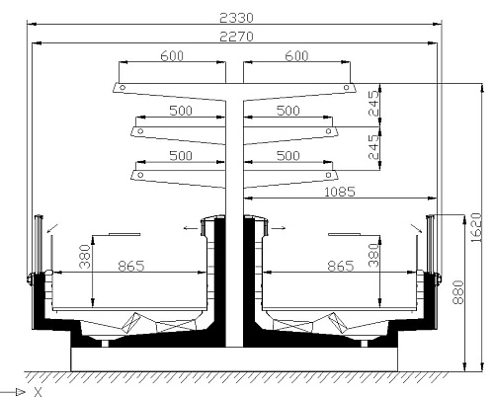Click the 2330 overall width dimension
pyautogui.click(x=236, y=18)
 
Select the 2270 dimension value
pyautogui.click(x=236, y=37)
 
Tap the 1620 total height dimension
pyautogui.click(x=476, y=227)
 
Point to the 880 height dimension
pyautogui.click(x=458, y=292)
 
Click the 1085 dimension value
pyautogui.click(x=340, y=192)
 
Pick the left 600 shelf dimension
pyautogui.click(x=172, y=56)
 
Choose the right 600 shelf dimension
pyautogui.click(x=296, y=56)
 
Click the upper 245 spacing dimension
pyautogui.click(x=373, y=104)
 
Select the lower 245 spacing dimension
pyautogui.click(x=373, y=147)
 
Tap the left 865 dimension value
pyautogui.click(x=131, y=266)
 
